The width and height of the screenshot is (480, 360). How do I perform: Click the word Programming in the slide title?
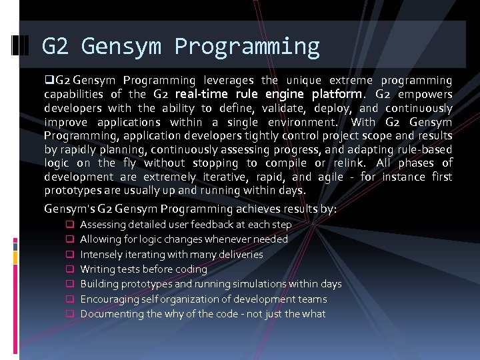click(247, 47)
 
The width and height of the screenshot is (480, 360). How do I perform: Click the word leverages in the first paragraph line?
click(229, 81)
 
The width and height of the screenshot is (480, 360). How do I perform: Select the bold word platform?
click(334, 94)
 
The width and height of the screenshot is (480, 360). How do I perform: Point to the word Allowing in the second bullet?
click(99, 239)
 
